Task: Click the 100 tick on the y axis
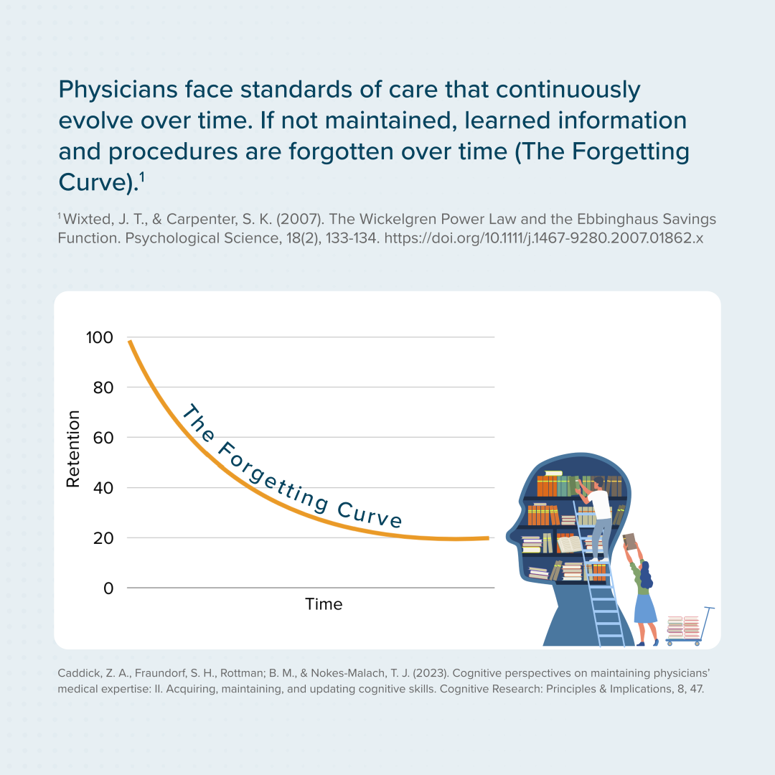tap(99, 337)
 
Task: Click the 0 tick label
tap(108, 588)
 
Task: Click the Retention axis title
tap(72, 449)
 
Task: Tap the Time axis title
tap(324, 604)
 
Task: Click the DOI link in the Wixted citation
tap(544, 238)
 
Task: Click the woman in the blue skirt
tap(644, 596)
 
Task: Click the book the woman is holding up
tap(629, 541)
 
